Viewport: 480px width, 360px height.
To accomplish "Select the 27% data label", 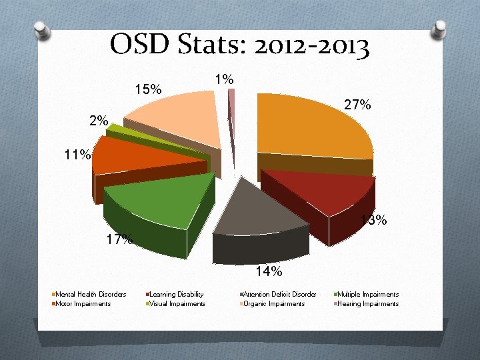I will (x=357, y=105).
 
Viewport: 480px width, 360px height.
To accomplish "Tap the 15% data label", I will (x=147, y=89).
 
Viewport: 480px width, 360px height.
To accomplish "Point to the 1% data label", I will (x=225, y=79).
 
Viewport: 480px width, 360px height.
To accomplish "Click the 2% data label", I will (x=99, y=121).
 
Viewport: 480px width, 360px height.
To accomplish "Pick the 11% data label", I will (x=77, y=155).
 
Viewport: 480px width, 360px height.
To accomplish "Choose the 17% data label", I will (x=119, y=239).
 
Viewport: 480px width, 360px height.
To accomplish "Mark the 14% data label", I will (x=269, y=271).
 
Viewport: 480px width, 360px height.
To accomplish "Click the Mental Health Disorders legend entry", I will (x=91, y=294).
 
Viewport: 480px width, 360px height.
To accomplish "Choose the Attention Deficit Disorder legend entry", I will (x=279, y=294).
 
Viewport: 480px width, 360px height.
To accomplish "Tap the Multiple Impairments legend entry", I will (x=367, y=294).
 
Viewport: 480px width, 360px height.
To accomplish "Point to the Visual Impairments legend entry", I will (x=176, y=303).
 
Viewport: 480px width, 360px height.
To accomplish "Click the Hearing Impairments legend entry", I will (x=367, y=303).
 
